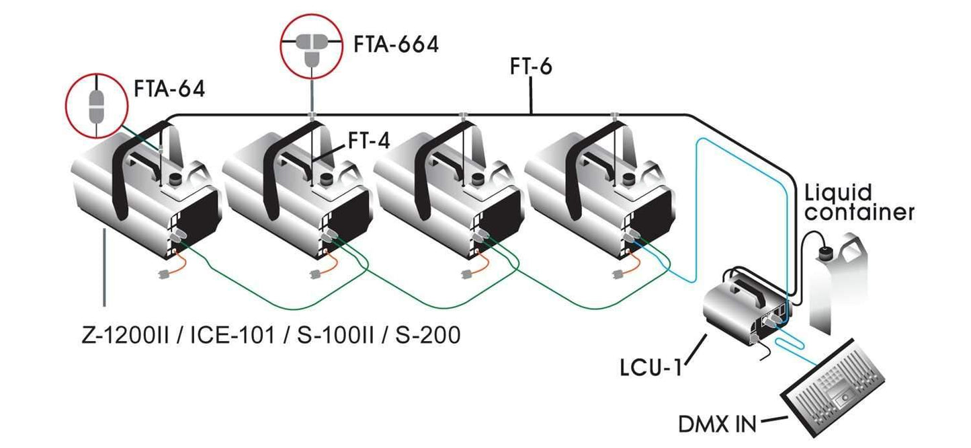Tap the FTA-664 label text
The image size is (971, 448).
396,45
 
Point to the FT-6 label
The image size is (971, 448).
530,68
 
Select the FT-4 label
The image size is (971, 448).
369,141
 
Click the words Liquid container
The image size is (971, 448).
859,202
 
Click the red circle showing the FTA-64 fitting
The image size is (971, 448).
97,104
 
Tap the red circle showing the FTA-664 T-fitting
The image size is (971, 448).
311,44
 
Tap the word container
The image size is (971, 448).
859,213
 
